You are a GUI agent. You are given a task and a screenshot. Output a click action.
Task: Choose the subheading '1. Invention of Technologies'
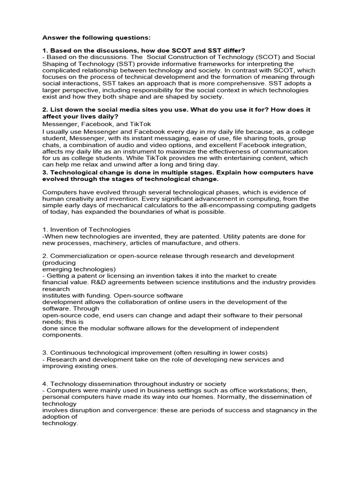click(x=86, y=229)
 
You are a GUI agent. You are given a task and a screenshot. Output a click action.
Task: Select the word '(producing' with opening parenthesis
click(x=58, y=262)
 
